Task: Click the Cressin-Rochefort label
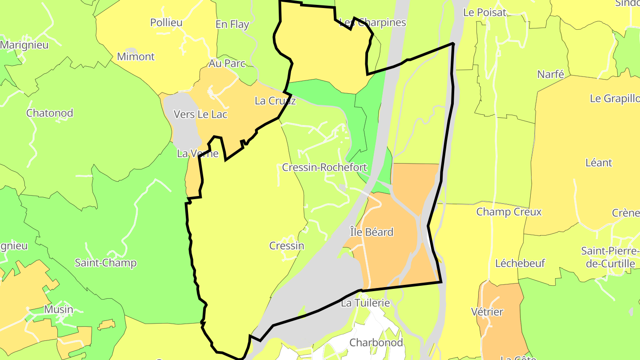[324, 168]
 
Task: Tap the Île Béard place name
[372, 232]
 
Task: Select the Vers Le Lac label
[200, 115]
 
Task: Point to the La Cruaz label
[275, 101]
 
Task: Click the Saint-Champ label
[105, 263]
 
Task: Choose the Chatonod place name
[50, 113]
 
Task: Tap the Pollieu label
[166, 23]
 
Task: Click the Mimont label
[136, 57]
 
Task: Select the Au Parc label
[227, 64]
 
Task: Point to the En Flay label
[232, 24]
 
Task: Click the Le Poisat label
[484, 12]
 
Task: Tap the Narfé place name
[551, 74]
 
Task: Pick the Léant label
[599, 163]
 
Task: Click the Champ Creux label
[509, 212]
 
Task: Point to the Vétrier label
[487, 312]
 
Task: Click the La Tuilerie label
[365, 303]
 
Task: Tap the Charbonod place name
[376, 343]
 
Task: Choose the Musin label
[59, 309]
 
